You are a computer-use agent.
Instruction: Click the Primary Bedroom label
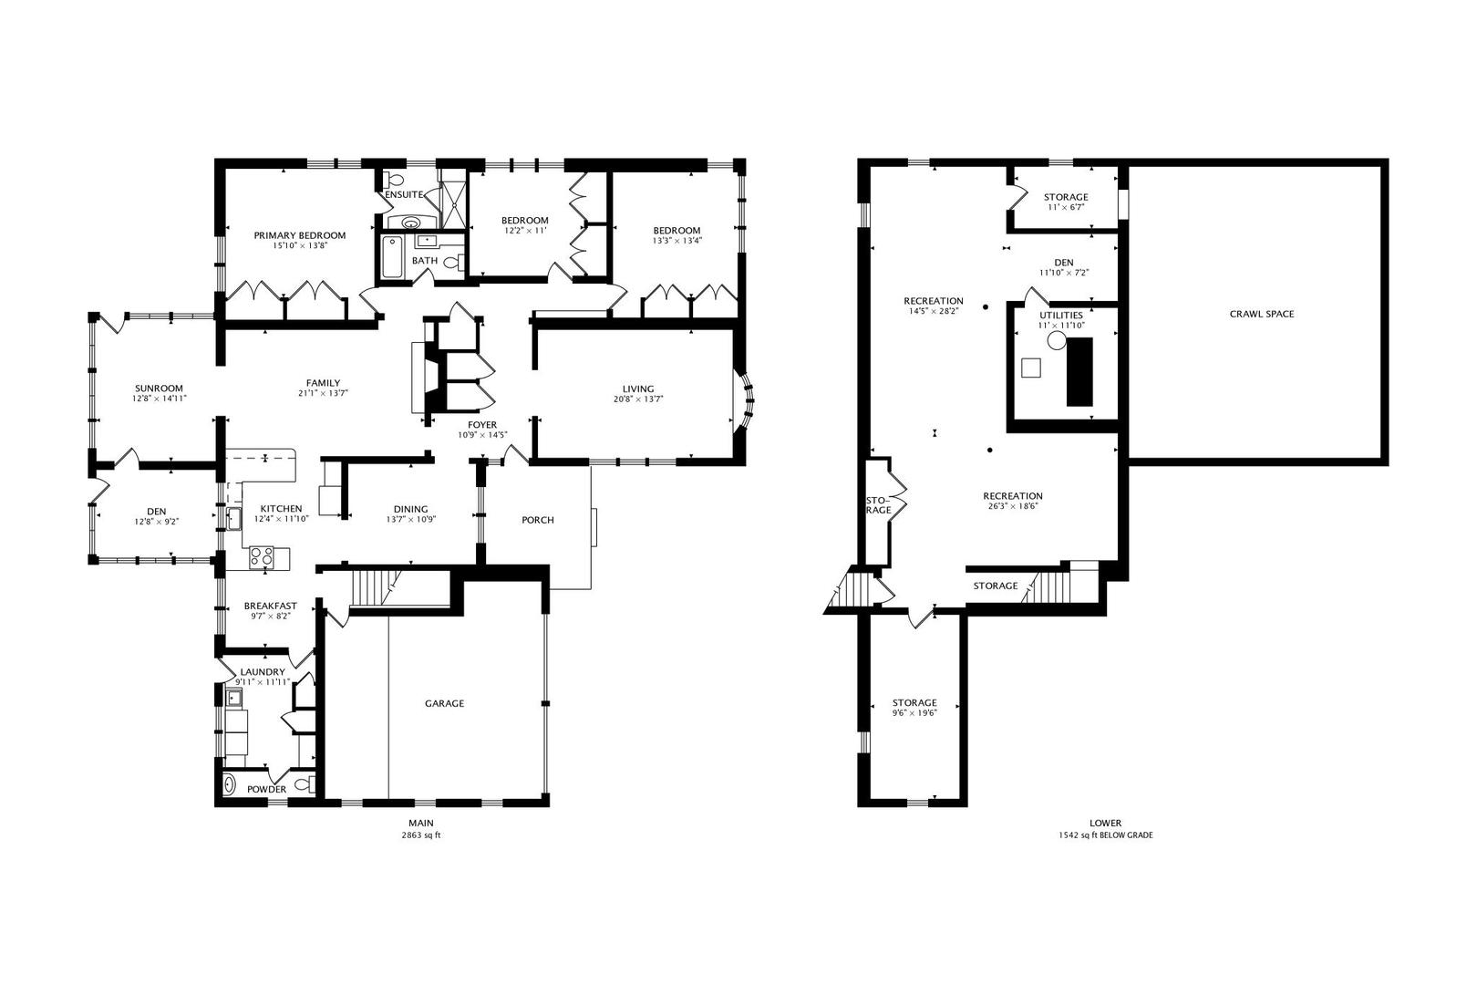(x=299, y=235)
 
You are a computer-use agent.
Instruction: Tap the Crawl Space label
(x=1261, y=314)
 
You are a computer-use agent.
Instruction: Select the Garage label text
(x=444, y=703)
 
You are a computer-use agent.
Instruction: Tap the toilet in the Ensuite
(x=390, y=179)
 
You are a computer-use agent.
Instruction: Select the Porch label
(x=537, y=520)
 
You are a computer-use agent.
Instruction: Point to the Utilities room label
(x=1061, y=315)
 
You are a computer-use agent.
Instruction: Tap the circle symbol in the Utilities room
(x=1056, y=341)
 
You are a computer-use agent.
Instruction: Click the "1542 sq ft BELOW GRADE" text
(x=1105, y=835)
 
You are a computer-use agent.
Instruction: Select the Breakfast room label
(x=270, y=606)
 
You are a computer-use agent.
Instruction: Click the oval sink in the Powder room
(x=230, y=783)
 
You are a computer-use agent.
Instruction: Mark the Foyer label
(x=482, y=425)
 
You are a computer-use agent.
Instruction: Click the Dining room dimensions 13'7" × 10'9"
(x=410, y=520)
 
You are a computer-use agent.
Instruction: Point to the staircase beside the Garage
(x=377, y=586)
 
